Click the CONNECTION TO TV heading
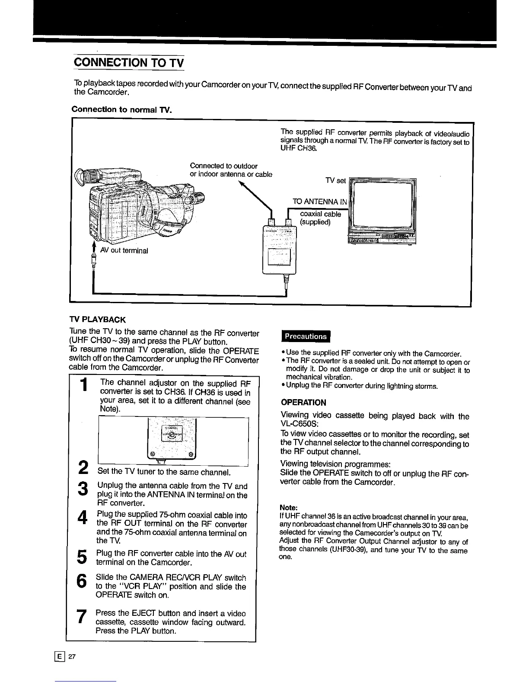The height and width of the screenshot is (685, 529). click(x=128, y=62)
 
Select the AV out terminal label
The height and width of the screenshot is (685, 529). click(x=124, y=250)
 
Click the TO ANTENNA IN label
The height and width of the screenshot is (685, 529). click(x=320, y=202)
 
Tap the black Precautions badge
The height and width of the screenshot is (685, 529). click(x=305, y=336)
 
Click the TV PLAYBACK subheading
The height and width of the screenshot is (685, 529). click(x=97, y=320)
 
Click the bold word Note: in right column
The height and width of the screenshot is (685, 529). click(x=287, y=507)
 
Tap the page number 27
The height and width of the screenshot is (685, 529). click(x=72, y=656)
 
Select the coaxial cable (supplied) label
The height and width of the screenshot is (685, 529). click(x=320, y=218)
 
